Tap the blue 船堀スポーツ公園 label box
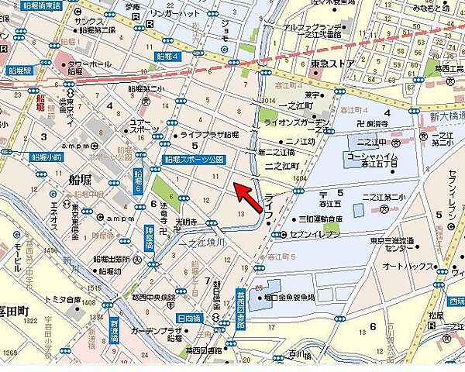click(x=194, y=160)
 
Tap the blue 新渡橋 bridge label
click(x=115, y=329)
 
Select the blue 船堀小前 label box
click(x=47, y=157)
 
